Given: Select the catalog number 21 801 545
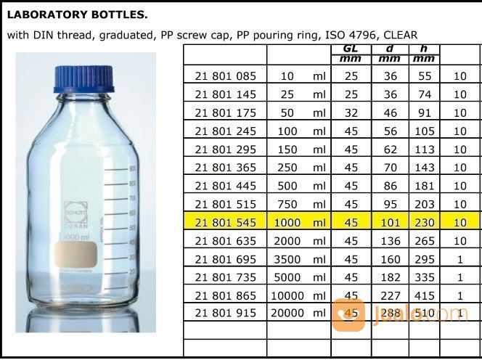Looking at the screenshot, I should pyautogui.click(x=225, y=223).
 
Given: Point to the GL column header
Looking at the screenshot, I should pyautogui.click(x=351, y=49).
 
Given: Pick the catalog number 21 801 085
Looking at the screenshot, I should pyautogui.click(x=225, y=75).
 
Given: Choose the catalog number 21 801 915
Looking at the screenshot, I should pyautogui.click(x=225, y=313).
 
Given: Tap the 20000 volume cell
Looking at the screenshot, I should pyautogui.click(x=286, y=313).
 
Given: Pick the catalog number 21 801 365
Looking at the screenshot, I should pyautogui.click(x=225, y=168).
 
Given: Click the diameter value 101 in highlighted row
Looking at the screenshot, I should pyautogui.click(x=390, y=223).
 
